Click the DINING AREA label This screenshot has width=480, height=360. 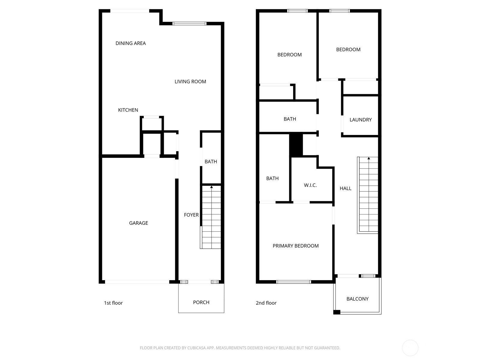130,43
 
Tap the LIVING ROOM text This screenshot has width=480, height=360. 190,82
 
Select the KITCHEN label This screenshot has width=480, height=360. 128,110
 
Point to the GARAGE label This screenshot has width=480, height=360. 138,223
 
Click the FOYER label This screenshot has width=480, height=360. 191,215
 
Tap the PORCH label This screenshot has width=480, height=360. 201,302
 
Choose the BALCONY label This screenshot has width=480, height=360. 358,299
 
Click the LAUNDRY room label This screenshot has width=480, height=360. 361,120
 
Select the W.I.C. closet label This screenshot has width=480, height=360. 310,185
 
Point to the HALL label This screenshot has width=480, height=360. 346,188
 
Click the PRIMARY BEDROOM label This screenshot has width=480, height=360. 296,246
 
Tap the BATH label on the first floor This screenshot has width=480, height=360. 211,161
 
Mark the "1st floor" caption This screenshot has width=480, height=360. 113,303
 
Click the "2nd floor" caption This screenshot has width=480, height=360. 266,303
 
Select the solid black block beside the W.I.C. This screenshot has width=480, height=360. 296,145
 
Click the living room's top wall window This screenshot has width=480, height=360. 189,24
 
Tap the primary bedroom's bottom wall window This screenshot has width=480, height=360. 293,282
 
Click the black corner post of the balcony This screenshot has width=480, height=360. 337,312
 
